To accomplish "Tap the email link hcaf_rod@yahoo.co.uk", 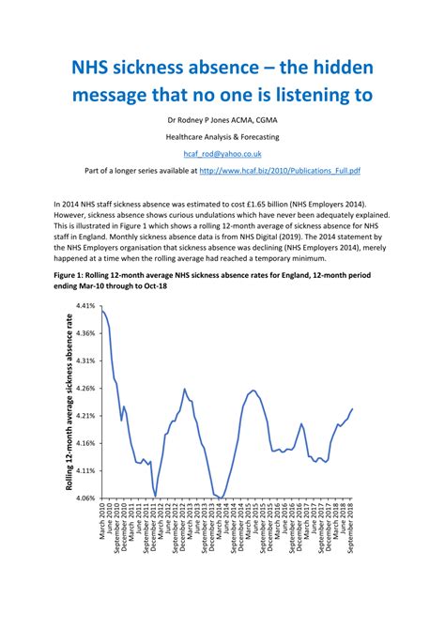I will [222, 152].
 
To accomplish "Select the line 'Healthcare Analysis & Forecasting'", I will [222, 136].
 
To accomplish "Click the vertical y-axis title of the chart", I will [69, 402].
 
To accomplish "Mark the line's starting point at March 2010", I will [100, 309].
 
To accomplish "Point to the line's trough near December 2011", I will [155, 496].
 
